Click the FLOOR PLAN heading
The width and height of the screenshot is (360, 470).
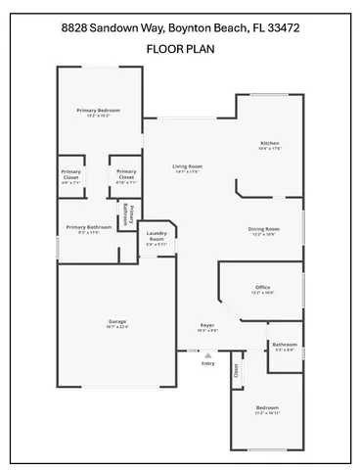[x=180, y=47]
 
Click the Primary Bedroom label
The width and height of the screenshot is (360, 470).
[x=98, y=111]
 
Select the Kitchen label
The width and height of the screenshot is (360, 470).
[x=269, y=143]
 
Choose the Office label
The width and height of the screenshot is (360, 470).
[x=262, y=287]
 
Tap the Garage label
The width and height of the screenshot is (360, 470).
[x=117, y=321]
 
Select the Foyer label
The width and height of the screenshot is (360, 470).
[x=207, y=325]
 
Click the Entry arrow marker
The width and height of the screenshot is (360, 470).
[x=206, y=353]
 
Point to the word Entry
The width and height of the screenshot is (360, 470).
[x=206, y=364]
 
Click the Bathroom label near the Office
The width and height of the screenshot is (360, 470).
[x=285, y=344]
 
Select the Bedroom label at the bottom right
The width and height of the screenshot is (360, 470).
[x=267, y=407]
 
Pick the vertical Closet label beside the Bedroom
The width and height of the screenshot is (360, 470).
[x=236, y=371]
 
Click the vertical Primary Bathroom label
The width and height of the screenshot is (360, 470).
[x=126, y=215]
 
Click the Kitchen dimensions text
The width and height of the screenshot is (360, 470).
[x=269, y=149]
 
